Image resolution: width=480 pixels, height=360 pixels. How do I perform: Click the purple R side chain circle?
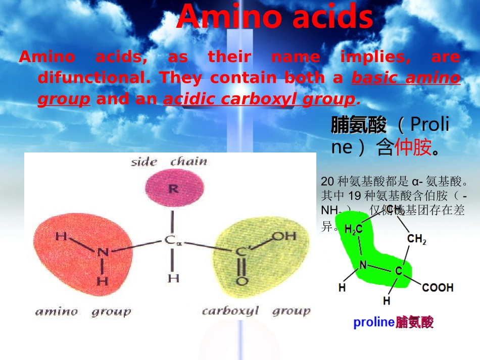coord(173,189)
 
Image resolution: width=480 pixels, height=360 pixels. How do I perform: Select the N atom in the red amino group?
coord(103,252)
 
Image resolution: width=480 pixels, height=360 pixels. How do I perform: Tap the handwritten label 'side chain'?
coord(169,162)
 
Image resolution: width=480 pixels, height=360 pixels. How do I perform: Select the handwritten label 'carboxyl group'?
coord(256,311)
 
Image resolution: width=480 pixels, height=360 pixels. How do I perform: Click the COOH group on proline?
coord(438,288)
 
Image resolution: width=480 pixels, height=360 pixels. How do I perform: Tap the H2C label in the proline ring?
coord(353,230)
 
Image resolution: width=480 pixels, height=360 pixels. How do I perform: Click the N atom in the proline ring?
coord(363,265)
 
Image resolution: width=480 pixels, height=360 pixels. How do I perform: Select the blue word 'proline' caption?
coord(373,322)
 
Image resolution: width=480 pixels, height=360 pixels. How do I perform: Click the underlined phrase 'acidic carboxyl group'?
coord(259,99)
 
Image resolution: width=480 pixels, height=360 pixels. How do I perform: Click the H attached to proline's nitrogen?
coord(342,288)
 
